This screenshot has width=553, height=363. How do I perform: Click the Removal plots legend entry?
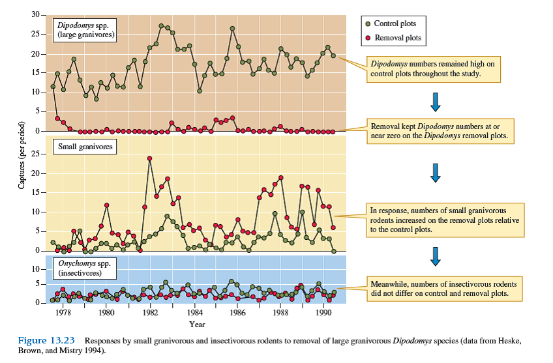pos(393,38)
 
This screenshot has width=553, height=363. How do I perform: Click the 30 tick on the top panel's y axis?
pos(35,14)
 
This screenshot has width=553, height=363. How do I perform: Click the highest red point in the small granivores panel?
pos(150,158)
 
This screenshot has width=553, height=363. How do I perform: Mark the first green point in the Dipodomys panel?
pos(53,87)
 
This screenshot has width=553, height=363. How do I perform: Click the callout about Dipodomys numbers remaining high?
pos(433,69)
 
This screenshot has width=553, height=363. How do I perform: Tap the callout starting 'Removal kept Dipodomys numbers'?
pos(440,130)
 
